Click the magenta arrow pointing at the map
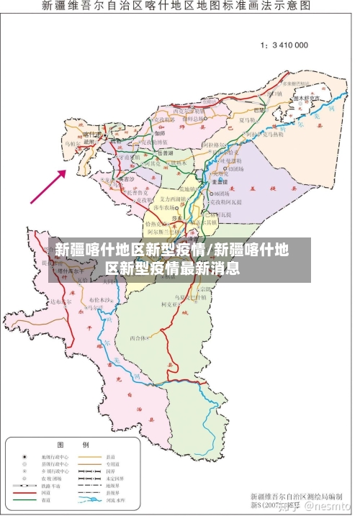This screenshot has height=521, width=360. [x=48, y=186]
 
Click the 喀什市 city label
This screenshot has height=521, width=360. [x=91, y=135]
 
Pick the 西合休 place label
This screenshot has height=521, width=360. [x=138, y=337]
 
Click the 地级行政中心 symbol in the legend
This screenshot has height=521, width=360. [x=24, y=456]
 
